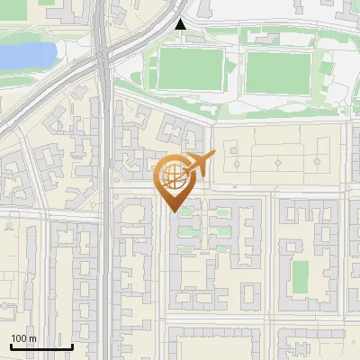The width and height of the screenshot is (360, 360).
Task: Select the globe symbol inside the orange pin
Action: point(171,175)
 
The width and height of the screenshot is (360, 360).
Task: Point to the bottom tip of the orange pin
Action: point(172,211)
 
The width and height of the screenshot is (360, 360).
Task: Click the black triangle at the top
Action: point(181,24)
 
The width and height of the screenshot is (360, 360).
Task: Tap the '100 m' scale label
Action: point(23,338)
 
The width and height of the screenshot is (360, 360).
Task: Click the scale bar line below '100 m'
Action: point(41,346)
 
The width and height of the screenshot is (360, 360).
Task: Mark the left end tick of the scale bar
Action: point(11,345)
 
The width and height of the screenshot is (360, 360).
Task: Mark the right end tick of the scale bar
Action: point(72,345)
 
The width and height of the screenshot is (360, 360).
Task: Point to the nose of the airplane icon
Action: point(215,156)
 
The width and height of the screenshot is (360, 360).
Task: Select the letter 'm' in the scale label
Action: point(32,338)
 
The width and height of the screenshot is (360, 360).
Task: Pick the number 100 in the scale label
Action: point(19,338)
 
